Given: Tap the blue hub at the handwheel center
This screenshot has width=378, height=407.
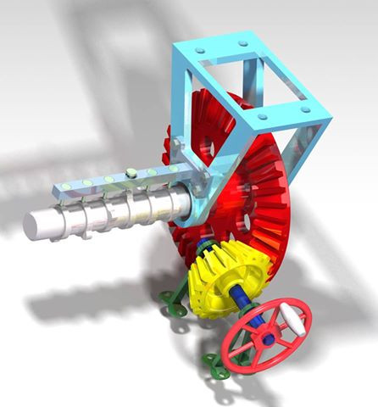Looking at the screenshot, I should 268,337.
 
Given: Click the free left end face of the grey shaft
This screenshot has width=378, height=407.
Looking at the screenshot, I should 36,225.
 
